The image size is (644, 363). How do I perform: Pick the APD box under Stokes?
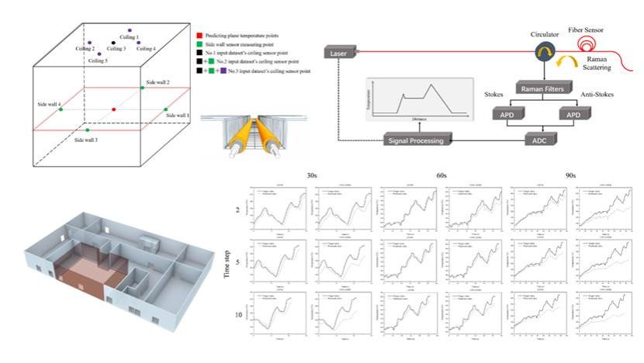click(511, 115)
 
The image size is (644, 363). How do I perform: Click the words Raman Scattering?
click(609, 62)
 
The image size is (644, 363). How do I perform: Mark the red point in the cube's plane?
click(114, 109)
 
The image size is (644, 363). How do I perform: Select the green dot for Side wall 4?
click(61, 110)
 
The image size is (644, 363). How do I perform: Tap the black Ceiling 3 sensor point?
click(114, 43)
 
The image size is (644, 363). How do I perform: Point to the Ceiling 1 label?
click(127, 37)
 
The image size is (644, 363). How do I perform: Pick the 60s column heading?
click(441, 177)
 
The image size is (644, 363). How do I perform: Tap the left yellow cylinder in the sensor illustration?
click(219, 134)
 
